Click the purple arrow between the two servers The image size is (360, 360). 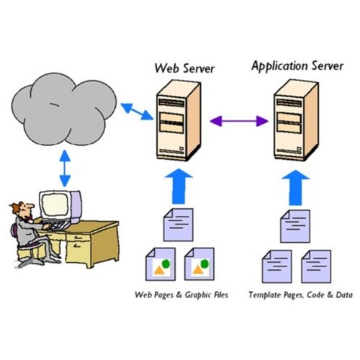pos(238,122)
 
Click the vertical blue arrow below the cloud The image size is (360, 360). pos(65,171)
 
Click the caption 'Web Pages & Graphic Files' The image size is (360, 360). pos(181,295)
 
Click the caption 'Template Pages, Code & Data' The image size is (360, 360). pos(295,295)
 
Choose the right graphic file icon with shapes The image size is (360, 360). pos(198,264)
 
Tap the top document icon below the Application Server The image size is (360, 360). pos(295,225)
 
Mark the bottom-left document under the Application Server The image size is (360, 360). pos(276,265)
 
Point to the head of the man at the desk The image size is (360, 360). pos(19,210)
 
